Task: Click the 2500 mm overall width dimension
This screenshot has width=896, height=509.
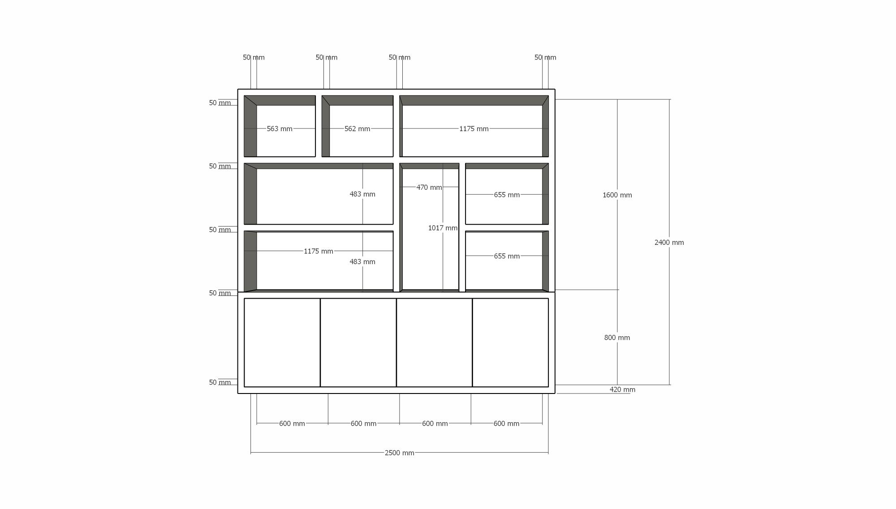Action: click(x=399, y=453)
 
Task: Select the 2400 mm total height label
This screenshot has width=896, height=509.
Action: click(x=669, y=243)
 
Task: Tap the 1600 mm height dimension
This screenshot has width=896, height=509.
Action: click(x=617, y=195)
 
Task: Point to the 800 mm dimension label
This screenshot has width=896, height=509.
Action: click(x=617, y=338)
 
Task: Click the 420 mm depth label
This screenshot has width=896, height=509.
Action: click(x=622, y=390)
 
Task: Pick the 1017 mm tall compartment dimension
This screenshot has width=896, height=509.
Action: click(x=443, y=228)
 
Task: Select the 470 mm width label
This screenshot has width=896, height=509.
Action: click(x=429, y=188)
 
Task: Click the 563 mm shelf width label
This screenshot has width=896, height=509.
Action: click(x=280, y=129)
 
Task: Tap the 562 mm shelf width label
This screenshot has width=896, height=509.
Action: click(x=357, y=129)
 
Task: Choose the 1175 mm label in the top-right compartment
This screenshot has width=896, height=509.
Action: click(x=474, y=129)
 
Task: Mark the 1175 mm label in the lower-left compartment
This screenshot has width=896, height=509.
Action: click(x=319, y=252)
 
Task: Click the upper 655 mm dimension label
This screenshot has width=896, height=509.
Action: click(x=507, y=195)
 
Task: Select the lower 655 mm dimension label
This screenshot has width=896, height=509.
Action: click(x=507, y=257)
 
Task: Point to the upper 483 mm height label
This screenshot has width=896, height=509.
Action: click(x=362, y=194)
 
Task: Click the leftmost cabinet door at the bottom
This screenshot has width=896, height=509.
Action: click(x=282, y=342)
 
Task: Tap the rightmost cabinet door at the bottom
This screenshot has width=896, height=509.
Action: click(x=510, y=342)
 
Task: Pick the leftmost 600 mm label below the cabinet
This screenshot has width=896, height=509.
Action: click(x=292, y=424)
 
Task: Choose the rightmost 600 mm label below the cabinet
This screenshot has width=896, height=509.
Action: click(x=506, y=424)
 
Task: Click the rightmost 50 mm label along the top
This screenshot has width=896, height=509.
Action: click(x=545, y=58)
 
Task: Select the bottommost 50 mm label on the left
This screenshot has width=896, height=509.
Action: click(x=220, y=383)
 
